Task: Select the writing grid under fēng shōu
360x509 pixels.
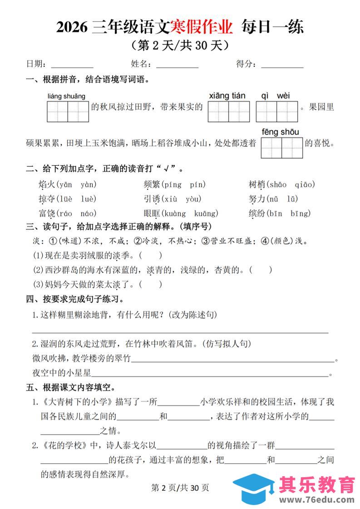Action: point(281,148)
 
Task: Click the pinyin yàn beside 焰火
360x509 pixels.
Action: point(89,185)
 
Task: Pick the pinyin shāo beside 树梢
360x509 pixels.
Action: point(278,185)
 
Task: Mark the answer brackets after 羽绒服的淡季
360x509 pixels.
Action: point(151,256)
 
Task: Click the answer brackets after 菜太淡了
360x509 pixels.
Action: point(151,285)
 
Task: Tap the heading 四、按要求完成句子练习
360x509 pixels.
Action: point(75,299)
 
